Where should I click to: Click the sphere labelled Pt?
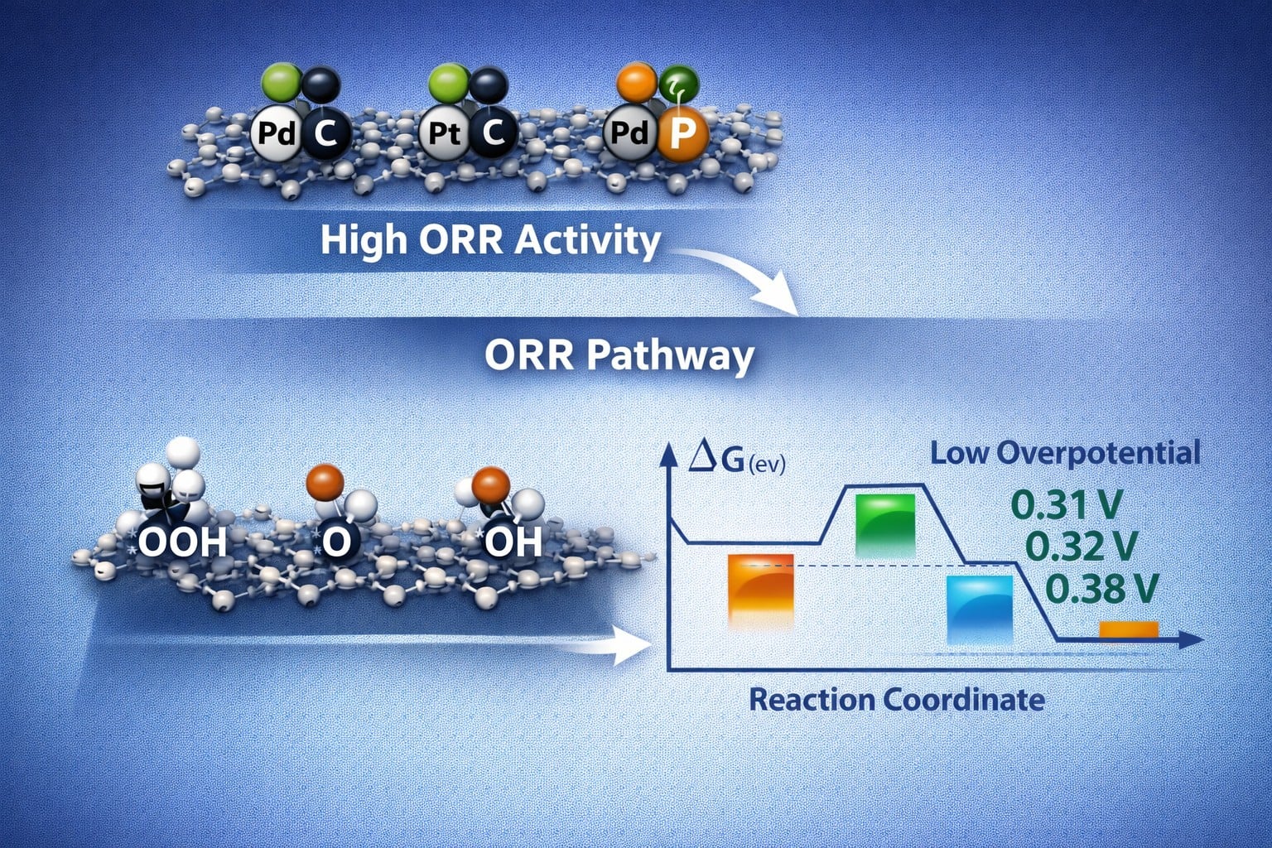(444, 132)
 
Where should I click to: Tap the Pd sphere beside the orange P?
(629, 132)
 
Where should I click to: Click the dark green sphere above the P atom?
(680, 84)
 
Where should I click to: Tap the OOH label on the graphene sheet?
(181, 542)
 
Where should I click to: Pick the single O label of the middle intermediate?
(336, 542)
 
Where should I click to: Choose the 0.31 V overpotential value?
(1067, 503)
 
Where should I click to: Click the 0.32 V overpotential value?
(1081, 546)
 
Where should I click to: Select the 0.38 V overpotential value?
(1101, 589)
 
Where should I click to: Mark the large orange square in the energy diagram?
(761, 589)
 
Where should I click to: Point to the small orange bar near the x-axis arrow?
(1129, 630)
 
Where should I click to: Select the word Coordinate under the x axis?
(964, 700)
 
